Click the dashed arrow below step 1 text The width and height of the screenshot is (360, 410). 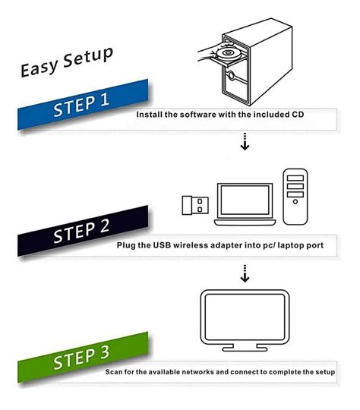tap(245, 141)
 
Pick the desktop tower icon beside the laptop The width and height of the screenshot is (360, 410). tap(296, 196)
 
